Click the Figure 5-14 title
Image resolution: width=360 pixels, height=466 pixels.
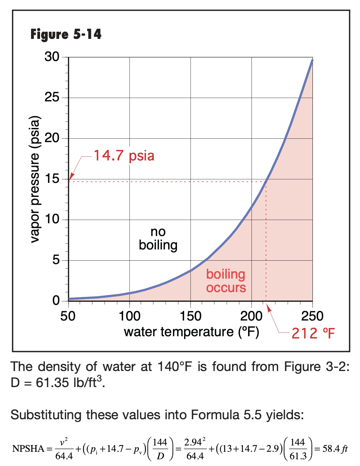click(66, 34)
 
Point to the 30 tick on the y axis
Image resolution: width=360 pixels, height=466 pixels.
click(52, 57)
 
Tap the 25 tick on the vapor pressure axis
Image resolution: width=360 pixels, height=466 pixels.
click(52, 98)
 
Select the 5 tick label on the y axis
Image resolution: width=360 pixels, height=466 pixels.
click(56, 260)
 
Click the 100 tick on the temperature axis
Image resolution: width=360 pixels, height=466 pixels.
click(129, 316)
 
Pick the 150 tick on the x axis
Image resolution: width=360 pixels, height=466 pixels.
click(190, 316)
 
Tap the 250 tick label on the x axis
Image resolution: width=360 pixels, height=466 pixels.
click(312, 316)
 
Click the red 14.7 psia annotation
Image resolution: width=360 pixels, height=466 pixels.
click(124, 156)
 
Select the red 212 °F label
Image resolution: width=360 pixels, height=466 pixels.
click(313, 333)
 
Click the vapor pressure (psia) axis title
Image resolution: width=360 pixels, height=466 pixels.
click(35, 180)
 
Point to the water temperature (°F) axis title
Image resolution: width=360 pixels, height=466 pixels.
click(191, 332)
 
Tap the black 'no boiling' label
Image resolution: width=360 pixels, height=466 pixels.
click(158, 239)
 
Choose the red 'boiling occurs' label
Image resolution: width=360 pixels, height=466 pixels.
click(226, 281)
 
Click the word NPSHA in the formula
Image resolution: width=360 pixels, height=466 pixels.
click(28, 449)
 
